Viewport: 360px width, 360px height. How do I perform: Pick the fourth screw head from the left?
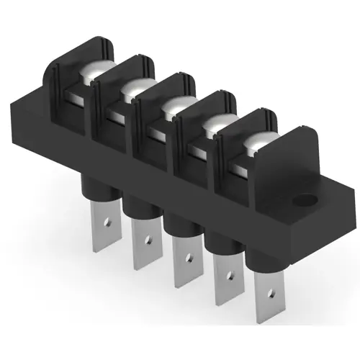(x=215, y=127)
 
